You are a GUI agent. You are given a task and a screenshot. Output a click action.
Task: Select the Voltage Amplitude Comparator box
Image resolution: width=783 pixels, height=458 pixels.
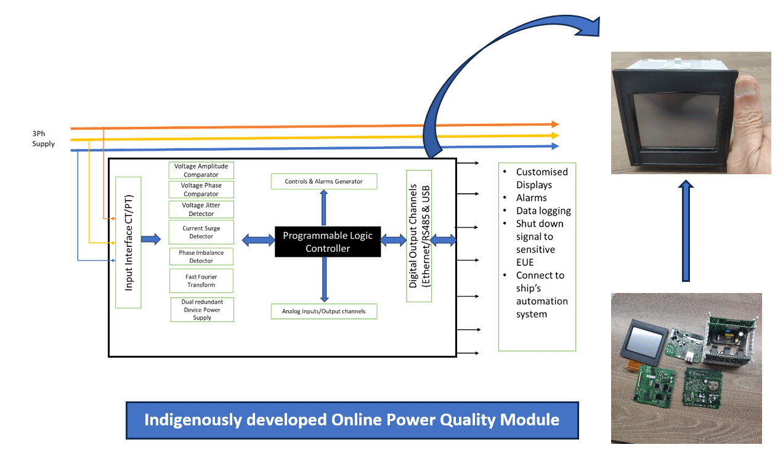[201, 171]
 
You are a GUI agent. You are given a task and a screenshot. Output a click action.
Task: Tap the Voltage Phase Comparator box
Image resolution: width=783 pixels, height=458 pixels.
[201, 190]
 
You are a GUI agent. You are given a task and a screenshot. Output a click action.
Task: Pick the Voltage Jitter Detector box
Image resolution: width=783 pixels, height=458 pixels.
[201, 209]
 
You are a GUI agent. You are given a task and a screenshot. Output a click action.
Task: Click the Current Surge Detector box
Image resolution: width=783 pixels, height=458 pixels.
[201, 232]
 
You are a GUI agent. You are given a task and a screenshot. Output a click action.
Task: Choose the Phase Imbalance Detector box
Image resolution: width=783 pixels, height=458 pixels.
[201, 257]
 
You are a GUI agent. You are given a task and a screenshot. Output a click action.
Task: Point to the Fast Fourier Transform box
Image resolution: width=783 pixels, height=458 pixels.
[201, 281]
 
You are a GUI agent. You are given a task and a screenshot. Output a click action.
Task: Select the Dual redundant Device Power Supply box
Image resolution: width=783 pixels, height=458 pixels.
[202, 310]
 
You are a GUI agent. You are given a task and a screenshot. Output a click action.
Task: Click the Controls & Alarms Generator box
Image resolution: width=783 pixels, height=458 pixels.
[323, 182]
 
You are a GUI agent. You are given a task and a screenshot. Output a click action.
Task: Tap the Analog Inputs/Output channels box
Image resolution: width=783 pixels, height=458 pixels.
[323, 311]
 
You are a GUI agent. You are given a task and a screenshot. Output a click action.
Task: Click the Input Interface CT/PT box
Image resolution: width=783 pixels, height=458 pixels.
[128, 242]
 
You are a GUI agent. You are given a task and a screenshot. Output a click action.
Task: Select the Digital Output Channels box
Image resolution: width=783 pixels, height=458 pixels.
[419, 235]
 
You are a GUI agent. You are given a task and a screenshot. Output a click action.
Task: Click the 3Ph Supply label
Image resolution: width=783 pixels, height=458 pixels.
[43, 139]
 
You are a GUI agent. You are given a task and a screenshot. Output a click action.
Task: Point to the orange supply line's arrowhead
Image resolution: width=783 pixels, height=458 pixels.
[555, 124]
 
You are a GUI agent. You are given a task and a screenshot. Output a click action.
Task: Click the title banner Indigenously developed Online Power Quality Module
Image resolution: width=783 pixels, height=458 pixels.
[352, 420]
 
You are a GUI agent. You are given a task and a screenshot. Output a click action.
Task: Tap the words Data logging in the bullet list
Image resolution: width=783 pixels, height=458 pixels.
[543, 211]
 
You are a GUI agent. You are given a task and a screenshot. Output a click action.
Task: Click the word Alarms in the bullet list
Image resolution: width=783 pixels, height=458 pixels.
[531, 198]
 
